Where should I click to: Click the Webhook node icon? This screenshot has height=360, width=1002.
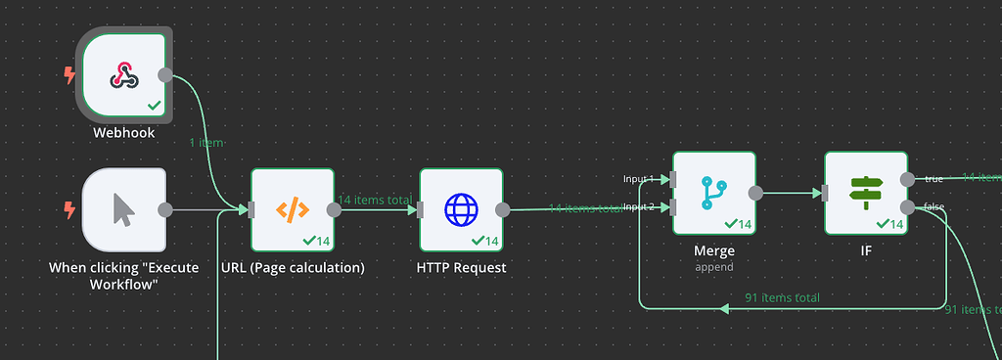coord(122,74)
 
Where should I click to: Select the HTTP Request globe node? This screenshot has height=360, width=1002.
coord(461,209)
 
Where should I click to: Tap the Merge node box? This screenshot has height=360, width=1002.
coord(714,193)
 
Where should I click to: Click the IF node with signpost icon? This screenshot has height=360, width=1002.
coord(866,193)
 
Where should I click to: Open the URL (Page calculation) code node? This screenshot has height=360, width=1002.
coord(293,209)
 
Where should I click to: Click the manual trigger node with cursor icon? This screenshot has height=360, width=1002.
coord(123,209)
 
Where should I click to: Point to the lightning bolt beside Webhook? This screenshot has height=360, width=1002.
coord(69,74)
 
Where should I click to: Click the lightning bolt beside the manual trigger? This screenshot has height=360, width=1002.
coord(69,209)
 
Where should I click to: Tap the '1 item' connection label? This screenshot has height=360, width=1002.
coord(205,143)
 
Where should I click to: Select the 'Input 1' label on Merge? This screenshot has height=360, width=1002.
coord(639,179)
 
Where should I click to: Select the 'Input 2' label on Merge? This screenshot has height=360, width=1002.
coord(639,207)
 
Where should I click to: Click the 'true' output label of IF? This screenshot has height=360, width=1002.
coord(934,178)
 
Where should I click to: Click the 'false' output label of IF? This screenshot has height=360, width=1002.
coord(934,206)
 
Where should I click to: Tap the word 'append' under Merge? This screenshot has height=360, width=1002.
coord(714,266)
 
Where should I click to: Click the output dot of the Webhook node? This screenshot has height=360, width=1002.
coord(165,74)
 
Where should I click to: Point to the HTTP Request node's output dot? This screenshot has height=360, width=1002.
coord(503,209)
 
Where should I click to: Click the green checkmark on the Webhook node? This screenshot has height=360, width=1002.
coord(154,105)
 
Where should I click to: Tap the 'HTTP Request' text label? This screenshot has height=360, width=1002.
coord(461,267)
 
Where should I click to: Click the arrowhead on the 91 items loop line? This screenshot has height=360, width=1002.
coord(724,309)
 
